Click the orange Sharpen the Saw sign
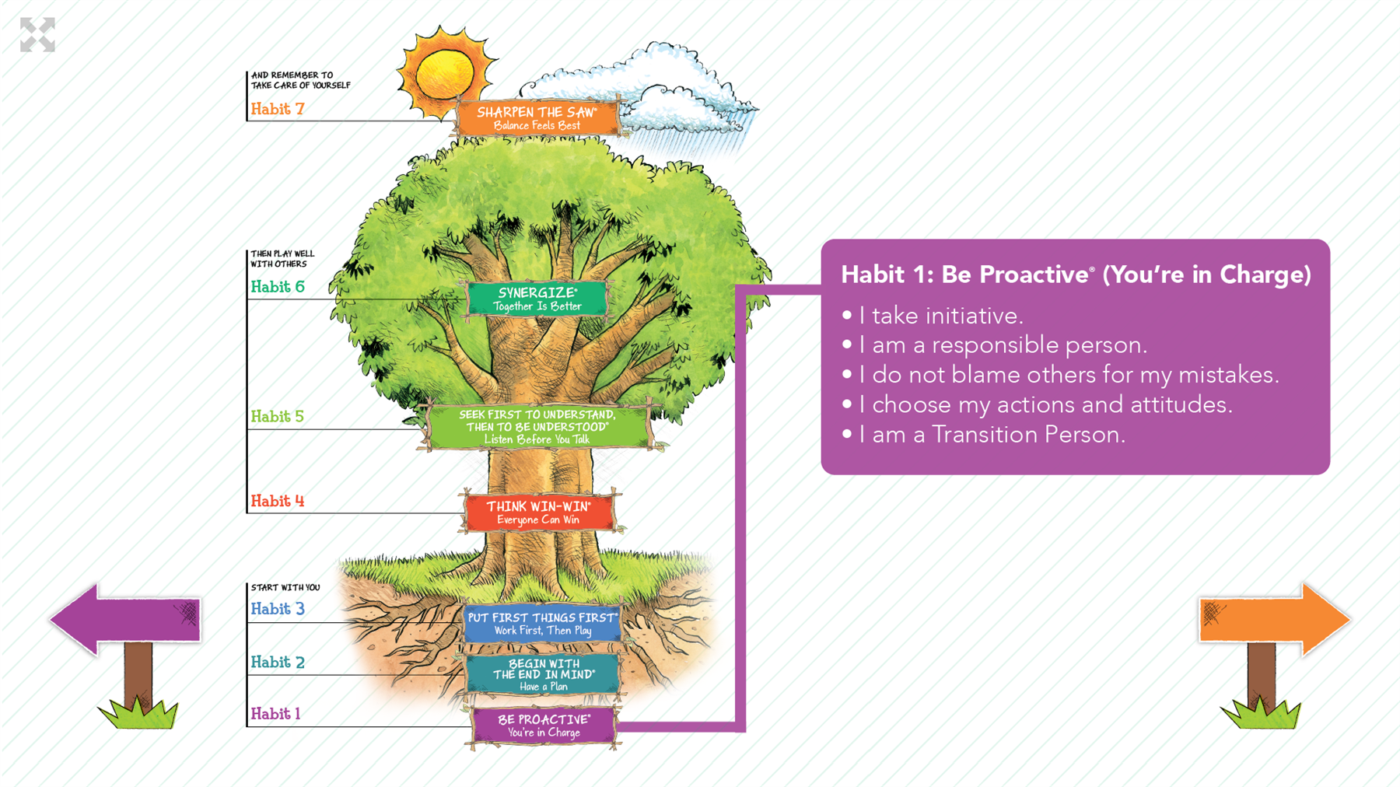[x=537, y=117]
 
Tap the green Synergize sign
[x=537, y=299]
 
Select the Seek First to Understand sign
[x=537, y=426]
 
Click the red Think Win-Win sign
[x=538, y=512]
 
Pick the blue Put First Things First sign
[x=542, y=624]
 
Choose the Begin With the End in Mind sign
[x=543, y=674]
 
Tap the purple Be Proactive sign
[x=544, y=726]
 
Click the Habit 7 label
[x=278, y=109]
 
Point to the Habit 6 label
[x=278, y=287]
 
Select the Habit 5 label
[x=278, y=416]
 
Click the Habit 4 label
[x=278, y=501]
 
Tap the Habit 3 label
[x=278, y=609]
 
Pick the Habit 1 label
[x=275, y=713]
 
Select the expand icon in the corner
[x=37, y=35]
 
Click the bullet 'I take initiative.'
[x=933, y=316]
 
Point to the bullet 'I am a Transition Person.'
[x=984, y=434]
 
